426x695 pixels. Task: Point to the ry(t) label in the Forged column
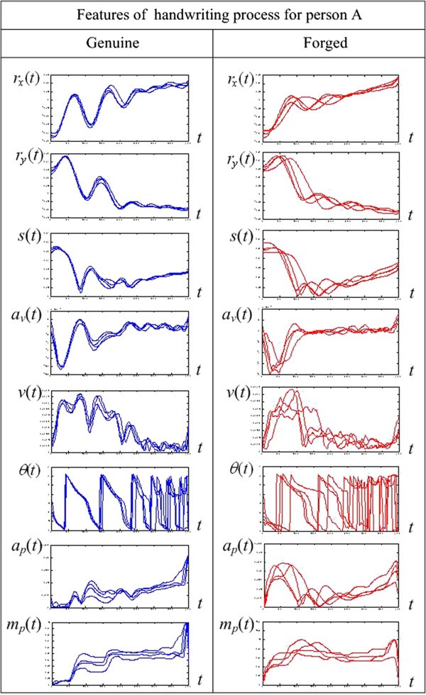[x=239, y=157]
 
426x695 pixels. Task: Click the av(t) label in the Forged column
[x=239, y=314]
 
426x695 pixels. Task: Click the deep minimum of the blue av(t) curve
[x=62, y=367]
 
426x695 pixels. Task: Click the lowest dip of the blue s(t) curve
[x=80, y=291]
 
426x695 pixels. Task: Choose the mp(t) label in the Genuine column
[x=27, y=626]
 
